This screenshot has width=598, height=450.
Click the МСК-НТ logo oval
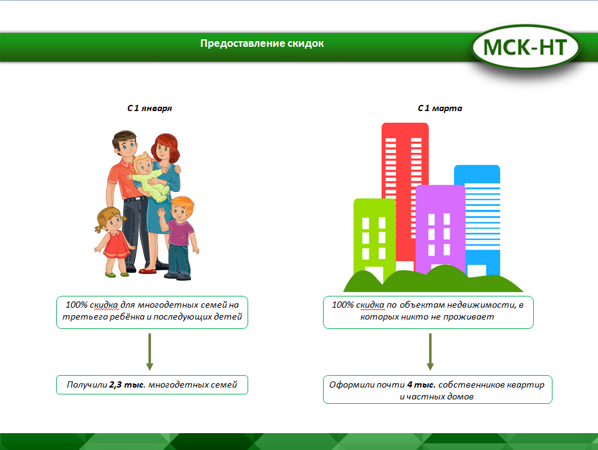click(x=526, y=47)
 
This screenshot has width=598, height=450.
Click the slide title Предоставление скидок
click(x=262, y=44)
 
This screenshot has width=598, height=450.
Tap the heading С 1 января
click(x=150, y=109)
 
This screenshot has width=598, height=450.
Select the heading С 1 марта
click(x=440, y=109)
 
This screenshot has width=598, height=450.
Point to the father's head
click(x=124, y=144)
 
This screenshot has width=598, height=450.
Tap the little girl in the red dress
click(x=113, y=241)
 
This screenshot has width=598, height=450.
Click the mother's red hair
click(x=166, y=148)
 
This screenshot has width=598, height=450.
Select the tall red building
click(x=405, y=191)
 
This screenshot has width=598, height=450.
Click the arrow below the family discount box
click(x=150, y=351)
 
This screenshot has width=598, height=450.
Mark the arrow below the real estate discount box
click(x=430, y=351)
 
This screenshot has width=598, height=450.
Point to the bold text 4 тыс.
click(x=421, y=384)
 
